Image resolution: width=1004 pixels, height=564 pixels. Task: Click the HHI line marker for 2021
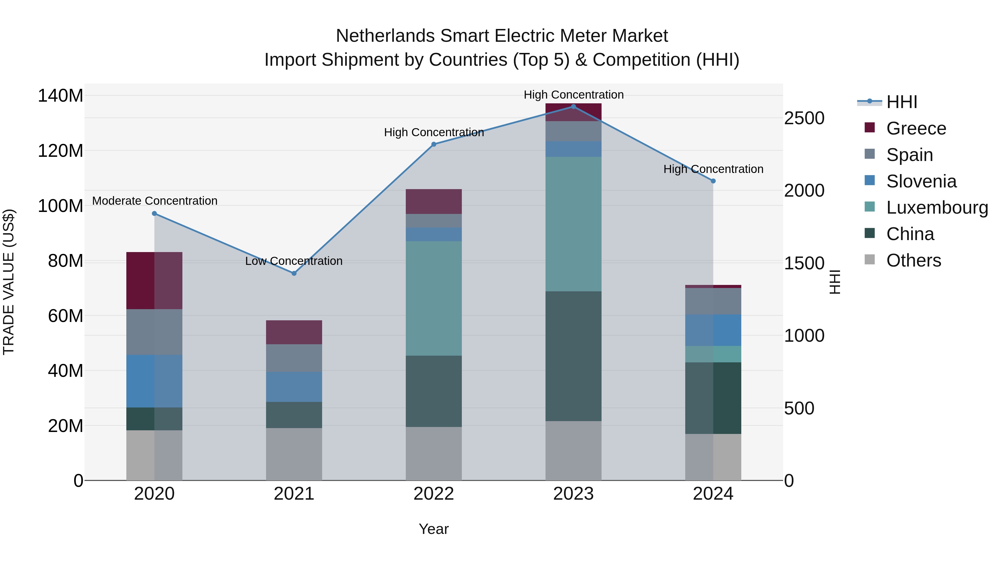click(x=294, y=273)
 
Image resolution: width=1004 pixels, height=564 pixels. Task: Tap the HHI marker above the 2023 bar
click(x=573, y=106)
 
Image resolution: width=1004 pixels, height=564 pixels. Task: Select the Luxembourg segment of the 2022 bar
click(x=433, y=298)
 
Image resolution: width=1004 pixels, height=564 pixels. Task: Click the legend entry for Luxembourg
click(x=937, y=207)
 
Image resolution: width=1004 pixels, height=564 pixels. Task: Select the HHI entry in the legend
click(x=901, y=102)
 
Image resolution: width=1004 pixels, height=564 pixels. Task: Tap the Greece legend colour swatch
click(x=870, y=128)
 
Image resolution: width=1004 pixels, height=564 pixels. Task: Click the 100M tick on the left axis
click(x=61, y=206)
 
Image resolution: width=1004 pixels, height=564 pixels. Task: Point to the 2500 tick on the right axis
click(x=804, y=118)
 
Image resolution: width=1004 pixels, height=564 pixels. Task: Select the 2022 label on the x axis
click(x=433, y=494)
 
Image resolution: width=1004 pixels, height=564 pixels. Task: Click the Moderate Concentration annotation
click(x=155, y=201)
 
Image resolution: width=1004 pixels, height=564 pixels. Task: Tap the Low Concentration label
click(x=294, y=261)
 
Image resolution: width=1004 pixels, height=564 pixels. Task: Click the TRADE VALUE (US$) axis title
click(x=9, y=282)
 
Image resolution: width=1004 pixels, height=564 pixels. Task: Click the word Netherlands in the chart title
click(x=385, y=36)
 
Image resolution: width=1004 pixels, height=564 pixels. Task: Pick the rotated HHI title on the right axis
click(x=834, y=282)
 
